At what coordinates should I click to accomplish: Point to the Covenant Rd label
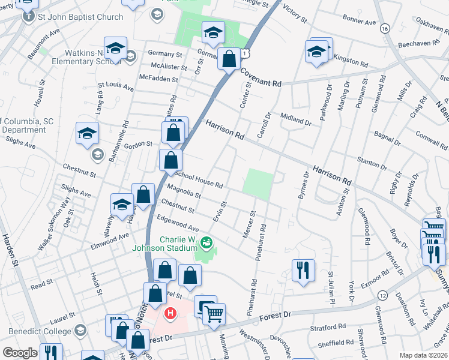pos(261,78)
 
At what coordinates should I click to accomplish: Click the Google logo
pos(20,353)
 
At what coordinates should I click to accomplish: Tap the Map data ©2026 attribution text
pos(423,355)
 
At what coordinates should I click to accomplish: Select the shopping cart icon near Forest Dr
pos(214,313)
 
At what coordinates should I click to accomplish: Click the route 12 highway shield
pos(382,295)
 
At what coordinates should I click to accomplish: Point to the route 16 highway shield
pos(384,28)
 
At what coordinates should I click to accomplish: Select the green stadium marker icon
pos(206,242)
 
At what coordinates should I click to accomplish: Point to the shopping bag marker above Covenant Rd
pos(229,60)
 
